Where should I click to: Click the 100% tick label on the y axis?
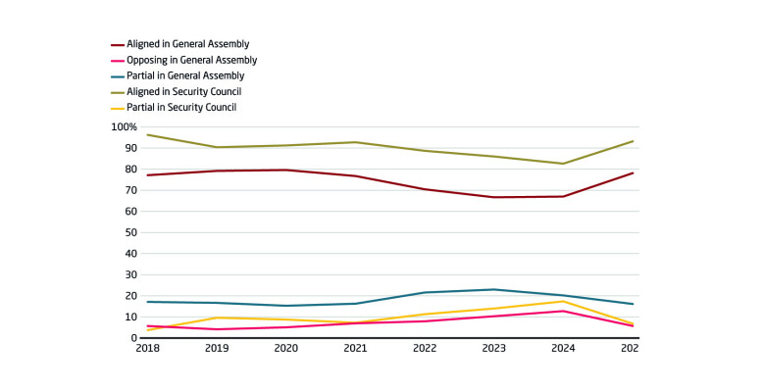click(124, 127)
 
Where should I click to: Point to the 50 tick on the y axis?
click(129, 232)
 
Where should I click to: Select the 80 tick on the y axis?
click(129, 170)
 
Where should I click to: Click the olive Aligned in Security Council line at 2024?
click(563, 164)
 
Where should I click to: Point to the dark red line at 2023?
click(493, 197)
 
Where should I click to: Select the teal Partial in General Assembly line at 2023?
click(493, 289)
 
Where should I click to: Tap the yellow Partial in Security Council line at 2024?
click(563, 301)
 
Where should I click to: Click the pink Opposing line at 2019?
click(216, 329)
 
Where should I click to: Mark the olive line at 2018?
click(147, 135)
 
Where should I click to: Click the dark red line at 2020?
click(285, 170)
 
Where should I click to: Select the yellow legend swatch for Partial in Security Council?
click(117, 107)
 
